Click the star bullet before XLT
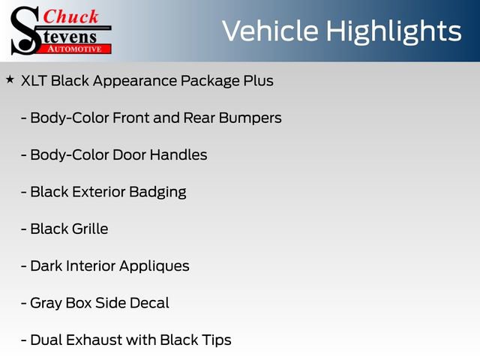[10, 79]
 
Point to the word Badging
[157, 192]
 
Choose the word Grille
[89, 229]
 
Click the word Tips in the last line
[215, 340]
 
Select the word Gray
[46, 303]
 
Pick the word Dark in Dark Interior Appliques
[46, 265]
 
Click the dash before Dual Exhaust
[25, 340]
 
